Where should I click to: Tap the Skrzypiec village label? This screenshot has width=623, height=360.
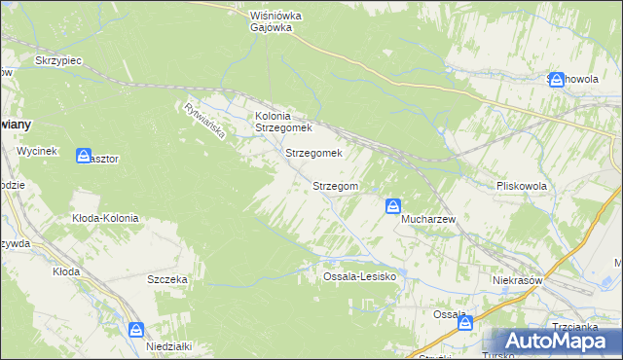point(58,60)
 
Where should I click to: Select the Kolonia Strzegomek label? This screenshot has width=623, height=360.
point(282,122)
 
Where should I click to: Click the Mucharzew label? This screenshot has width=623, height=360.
point(429,220)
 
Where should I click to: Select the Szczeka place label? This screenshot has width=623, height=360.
point(166,279)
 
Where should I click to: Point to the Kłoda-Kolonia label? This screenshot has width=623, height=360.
point(105,219)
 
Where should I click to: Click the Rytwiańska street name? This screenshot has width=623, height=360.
point(204,119)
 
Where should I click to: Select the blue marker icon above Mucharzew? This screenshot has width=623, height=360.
point(393,206)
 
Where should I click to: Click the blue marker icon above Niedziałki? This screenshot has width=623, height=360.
point(135,331)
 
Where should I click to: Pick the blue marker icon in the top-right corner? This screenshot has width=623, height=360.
point(557,80)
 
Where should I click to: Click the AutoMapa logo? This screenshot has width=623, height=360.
point(551,342)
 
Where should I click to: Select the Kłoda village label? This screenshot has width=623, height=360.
point(65,271)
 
